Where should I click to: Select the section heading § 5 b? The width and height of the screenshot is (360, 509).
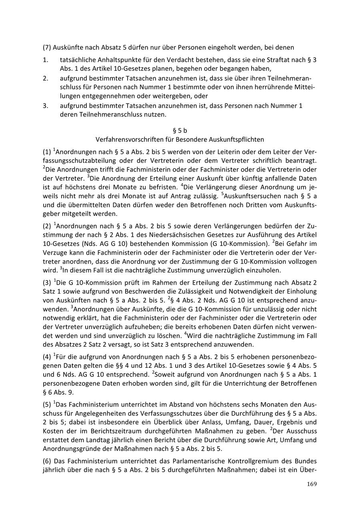pos(180,130)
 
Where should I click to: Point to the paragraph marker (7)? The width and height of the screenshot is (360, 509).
pos(47,47)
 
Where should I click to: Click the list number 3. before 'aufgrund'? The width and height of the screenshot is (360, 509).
pos(46,106)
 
